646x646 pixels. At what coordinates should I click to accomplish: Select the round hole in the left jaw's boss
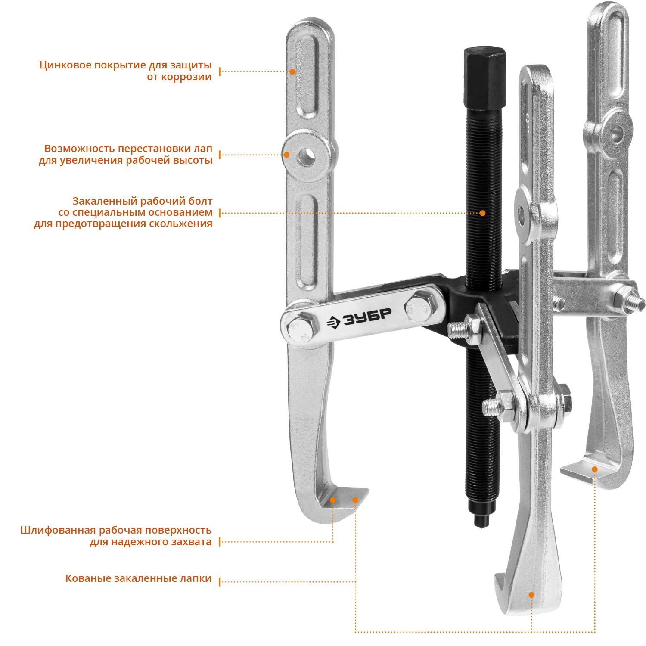pyautogui.click(x=307, y=156)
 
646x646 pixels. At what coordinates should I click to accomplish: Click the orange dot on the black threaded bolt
pyautogui.click(x=482, y=213)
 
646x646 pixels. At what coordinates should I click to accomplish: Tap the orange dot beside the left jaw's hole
pyautogui.click(x=286, y=155)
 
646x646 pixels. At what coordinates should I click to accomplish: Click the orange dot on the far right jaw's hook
pyautogui.click(x=595, y=469)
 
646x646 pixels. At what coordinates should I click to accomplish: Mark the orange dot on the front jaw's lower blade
pyautogui.click(x=531, y=595)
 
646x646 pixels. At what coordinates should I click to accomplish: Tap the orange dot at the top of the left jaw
pyautogui.click(x=292, y=71)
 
